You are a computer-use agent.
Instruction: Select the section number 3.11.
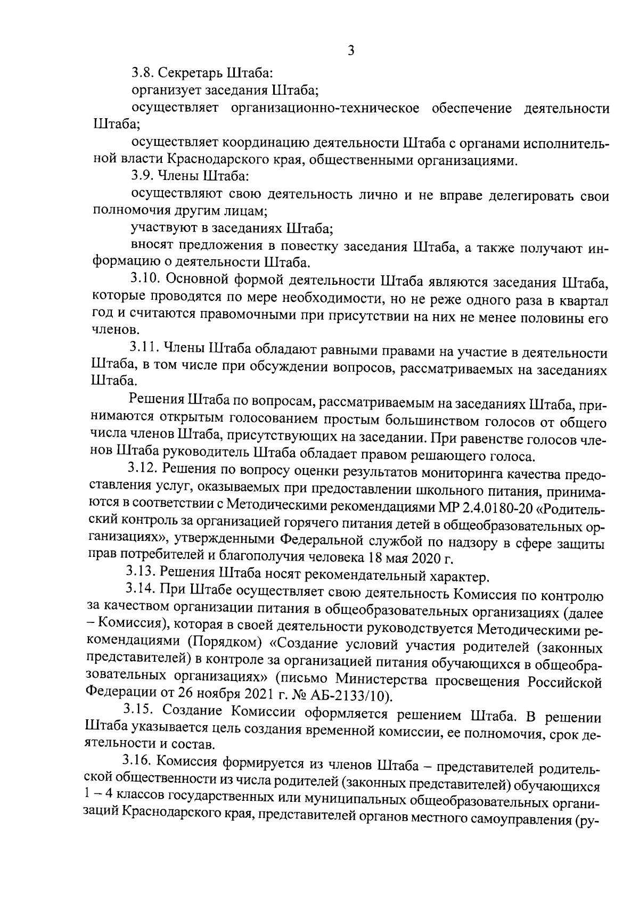[x=144, y=353]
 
